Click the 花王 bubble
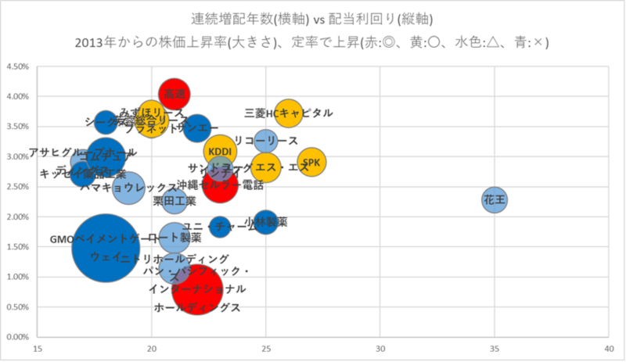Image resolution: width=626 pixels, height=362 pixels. pyautogui.click(x=495, y=200)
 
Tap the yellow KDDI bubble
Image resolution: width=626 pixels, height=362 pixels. pyautogui.click(x=219, y=151)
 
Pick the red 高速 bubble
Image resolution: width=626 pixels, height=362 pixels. pyautogui.click(x=174, y=93)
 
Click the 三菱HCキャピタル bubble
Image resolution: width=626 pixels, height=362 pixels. pyautogui.click(x=288, y=114)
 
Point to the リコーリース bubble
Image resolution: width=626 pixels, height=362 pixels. pyautogui.click(x=266, y=141)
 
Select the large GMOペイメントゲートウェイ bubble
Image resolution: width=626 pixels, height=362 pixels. pyautogui.click(x=106, y=247)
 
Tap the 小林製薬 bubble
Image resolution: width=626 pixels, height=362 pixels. pyautogui.click(x=265, y=222)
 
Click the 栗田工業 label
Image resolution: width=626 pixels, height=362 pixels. pyautogui.click(x=174, y=201)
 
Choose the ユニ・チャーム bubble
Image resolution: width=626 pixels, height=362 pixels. pyautogui.click(x=220, y=227)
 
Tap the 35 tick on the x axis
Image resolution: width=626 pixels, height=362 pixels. pyautogui.click(x=495, y=349)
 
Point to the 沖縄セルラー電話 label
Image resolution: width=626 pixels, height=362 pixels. pyautogui.click(x=220, y=185)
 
